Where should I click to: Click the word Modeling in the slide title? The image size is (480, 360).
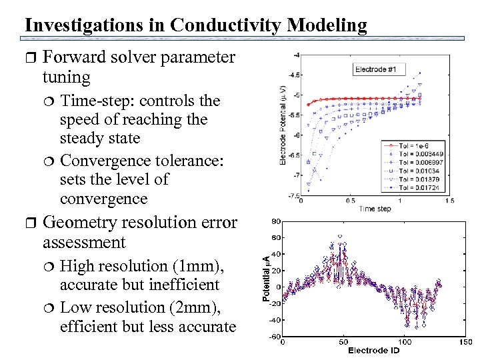(x=327, y=25)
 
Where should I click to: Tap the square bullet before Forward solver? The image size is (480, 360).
(x=29, y=58)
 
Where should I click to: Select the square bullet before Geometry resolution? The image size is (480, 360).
(x=29, y=223)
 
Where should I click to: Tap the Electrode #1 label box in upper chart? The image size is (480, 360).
(x=379, y=69)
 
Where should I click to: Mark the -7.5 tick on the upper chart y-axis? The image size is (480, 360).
(x=292, y=196)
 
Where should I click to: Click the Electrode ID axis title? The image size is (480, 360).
(x=373, y=351)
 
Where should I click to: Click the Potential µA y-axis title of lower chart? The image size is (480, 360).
(x=266, y=279)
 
